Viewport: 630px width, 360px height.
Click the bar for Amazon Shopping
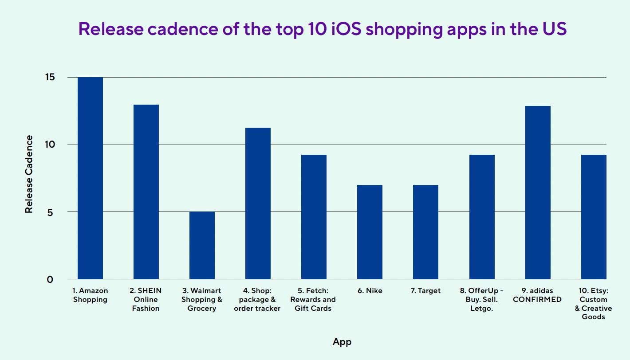coord(90,178)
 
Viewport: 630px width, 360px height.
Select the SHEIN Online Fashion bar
coord(146,192)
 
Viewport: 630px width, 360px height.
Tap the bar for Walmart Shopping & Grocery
coord(202,245)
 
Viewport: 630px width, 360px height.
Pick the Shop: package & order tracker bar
coord(258,203)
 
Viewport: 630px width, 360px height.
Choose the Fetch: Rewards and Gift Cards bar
coord(314,217)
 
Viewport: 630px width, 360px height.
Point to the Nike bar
coord(370,232)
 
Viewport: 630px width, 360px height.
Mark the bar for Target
coord(425,232)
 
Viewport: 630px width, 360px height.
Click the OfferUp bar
coord(481,217)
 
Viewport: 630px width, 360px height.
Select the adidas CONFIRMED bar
coord(537,192)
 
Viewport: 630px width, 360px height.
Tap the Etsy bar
coord(593,217)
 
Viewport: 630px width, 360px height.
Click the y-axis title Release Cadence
coord(29,174)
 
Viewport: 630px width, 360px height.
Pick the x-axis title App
coord(342,341)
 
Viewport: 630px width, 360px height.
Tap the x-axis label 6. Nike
coord(370,291)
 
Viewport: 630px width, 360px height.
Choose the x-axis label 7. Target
coord(425,291)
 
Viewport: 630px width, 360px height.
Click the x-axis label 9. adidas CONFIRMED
coord(537,295)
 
